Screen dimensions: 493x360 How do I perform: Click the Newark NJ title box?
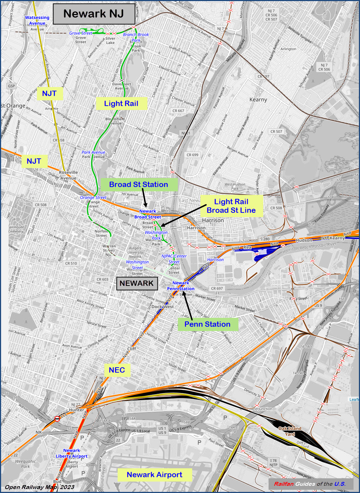[x=94, y=14]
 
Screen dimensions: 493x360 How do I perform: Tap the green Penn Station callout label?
[x=208, y=324]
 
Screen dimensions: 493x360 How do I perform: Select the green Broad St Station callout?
[x=139, y=185]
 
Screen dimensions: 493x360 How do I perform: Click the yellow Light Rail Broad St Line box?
[x=231, y=206]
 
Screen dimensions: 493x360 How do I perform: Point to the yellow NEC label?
[x=117, y=370]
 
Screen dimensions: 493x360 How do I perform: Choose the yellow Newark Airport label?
[x=155, y=475]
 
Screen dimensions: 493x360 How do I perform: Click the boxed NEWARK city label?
[x=137, y=283]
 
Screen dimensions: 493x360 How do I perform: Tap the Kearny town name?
[x=258, y=100]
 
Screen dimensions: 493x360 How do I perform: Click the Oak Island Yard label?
[x=290, y=431]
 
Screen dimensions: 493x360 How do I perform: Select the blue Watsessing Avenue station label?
[x=37, y=20]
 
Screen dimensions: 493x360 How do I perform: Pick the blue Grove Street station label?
[x=81, y=33]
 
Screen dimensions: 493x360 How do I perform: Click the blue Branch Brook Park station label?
[x=136, y=37]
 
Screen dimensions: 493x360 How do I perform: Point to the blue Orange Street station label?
[x=93, y=197]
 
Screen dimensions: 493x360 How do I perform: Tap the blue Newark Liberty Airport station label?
[x=72, y=453]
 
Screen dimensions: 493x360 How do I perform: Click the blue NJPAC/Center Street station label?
[x=174, y=259]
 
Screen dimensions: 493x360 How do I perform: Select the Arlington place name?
[x=288, y=49]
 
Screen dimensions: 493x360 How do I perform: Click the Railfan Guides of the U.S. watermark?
[x=310, y=484]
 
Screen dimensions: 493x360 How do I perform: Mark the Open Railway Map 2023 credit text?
[x=40, y=487]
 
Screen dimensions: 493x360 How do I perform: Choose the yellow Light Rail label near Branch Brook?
[x=121, y=104]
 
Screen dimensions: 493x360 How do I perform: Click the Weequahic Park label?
[x=26, y=464]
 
